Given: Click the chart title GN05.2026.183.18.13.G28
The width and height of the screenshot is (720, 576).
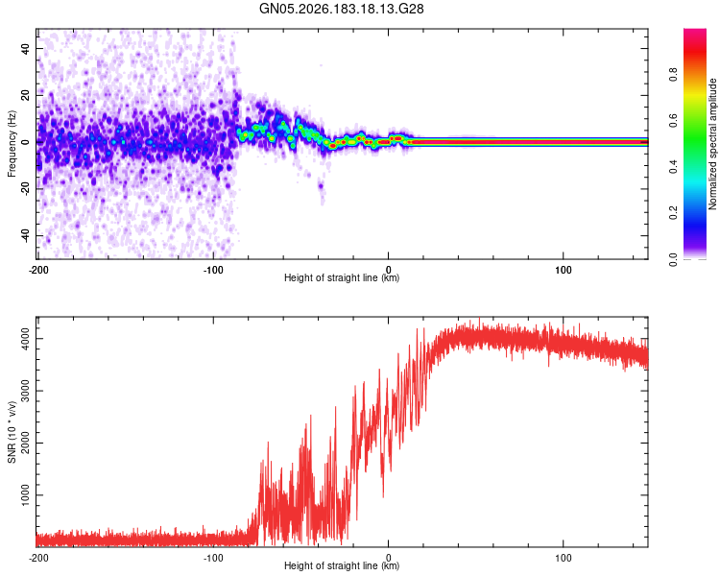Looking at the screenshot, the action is pos(341,9).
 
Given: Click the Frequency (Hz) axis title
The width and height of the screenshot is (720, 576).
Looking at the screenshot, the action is pos(12,144).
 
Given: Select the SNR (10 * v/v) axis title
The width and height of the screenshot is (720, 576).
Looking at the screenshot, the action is pos(12,432).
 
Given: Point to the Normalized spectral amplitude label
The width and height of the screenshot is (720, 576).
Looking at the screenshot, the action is pos(712,144).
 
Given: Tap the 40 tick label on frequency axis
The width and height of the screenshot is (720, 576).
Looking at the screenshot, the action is pos(26,48).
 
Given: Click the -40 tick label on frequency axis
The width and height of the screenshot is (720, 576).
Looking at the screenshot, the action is pos(26,236).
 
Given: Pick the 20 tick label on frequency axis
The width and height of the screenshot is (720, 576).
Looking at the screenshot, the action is pos(26,95).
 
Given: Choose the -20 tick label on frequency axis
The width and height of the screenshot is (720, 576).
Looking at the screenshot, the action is pos(26,189).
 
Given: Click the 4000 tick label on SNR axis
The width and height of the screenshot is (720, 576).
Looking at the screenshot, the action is pos(26,339).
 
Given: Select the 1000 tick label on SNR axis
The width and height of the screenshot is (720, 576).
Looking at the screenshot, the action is pos(26,495).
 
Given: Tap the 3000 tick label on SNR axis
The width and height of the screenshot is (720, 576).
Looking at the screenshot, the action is pos(26,391).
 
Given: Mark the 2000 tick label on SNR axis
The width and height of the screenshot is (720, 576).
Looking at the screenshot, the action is pos(26,444).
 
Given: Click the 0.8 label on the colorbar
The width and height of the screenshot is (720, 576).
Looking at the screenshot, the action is pos(673,75).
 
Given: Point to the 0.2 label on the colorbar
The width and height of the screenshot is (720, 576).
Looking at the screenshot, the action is pos(673,213).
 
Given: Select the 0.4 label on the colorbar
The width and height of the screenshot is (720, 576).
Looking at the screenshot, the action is pos(673,167).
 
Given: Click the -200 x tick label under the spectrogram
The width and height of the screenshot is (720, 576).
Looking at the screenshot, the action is pos(38,270).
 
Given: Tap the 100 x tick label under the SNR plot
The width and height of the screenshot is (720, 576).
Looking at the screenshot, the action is pos(563,558).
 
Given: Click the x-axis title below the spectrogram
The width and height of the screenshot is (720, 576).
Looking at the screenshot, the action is pos(342,277).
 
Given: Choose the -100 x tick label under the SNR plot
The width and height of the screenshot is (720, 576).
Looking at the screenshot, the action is pos(213,558).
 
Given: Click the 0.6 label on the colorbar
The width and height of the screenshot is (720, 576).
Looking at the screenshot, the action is pos(673,120).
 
